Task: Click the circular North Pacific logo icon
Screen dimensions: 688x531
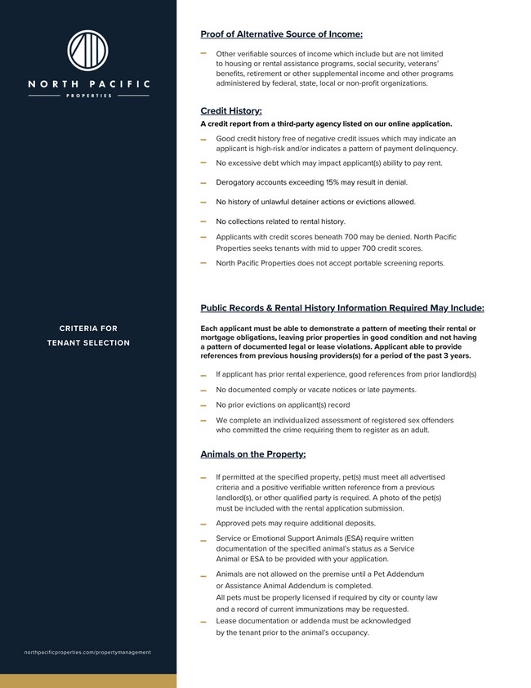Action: coord(87,51)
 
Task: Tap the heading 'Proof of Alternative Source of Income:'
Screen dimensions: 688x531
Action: coord(281,34)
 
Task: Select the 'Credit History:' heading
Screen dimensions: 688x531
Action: coord(231,110)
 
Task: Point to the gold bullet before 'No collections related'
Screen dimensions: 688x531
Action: coord(203,221)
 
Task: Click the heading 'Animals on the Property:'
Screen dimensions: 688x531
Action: coord(253,454)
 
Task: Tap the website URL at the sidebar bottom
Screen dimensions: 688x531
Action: coord(88,652)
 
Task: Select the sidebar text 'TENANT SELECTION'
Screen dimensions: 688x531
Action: coord(88,342)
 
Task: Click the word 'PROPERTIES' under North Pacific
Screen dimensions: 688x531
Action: coord(88,96)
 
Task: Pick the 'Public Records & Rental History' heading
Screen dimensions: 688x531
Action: coord(342,308)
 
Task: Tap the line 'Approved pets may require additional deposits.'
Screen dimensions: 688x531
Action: coord(296,523)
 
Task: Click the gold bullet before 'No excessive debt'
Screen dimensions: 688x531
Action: coord(203,163)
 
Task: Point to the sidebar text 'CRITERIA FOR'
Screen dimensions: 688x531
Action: coord(88,328)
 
